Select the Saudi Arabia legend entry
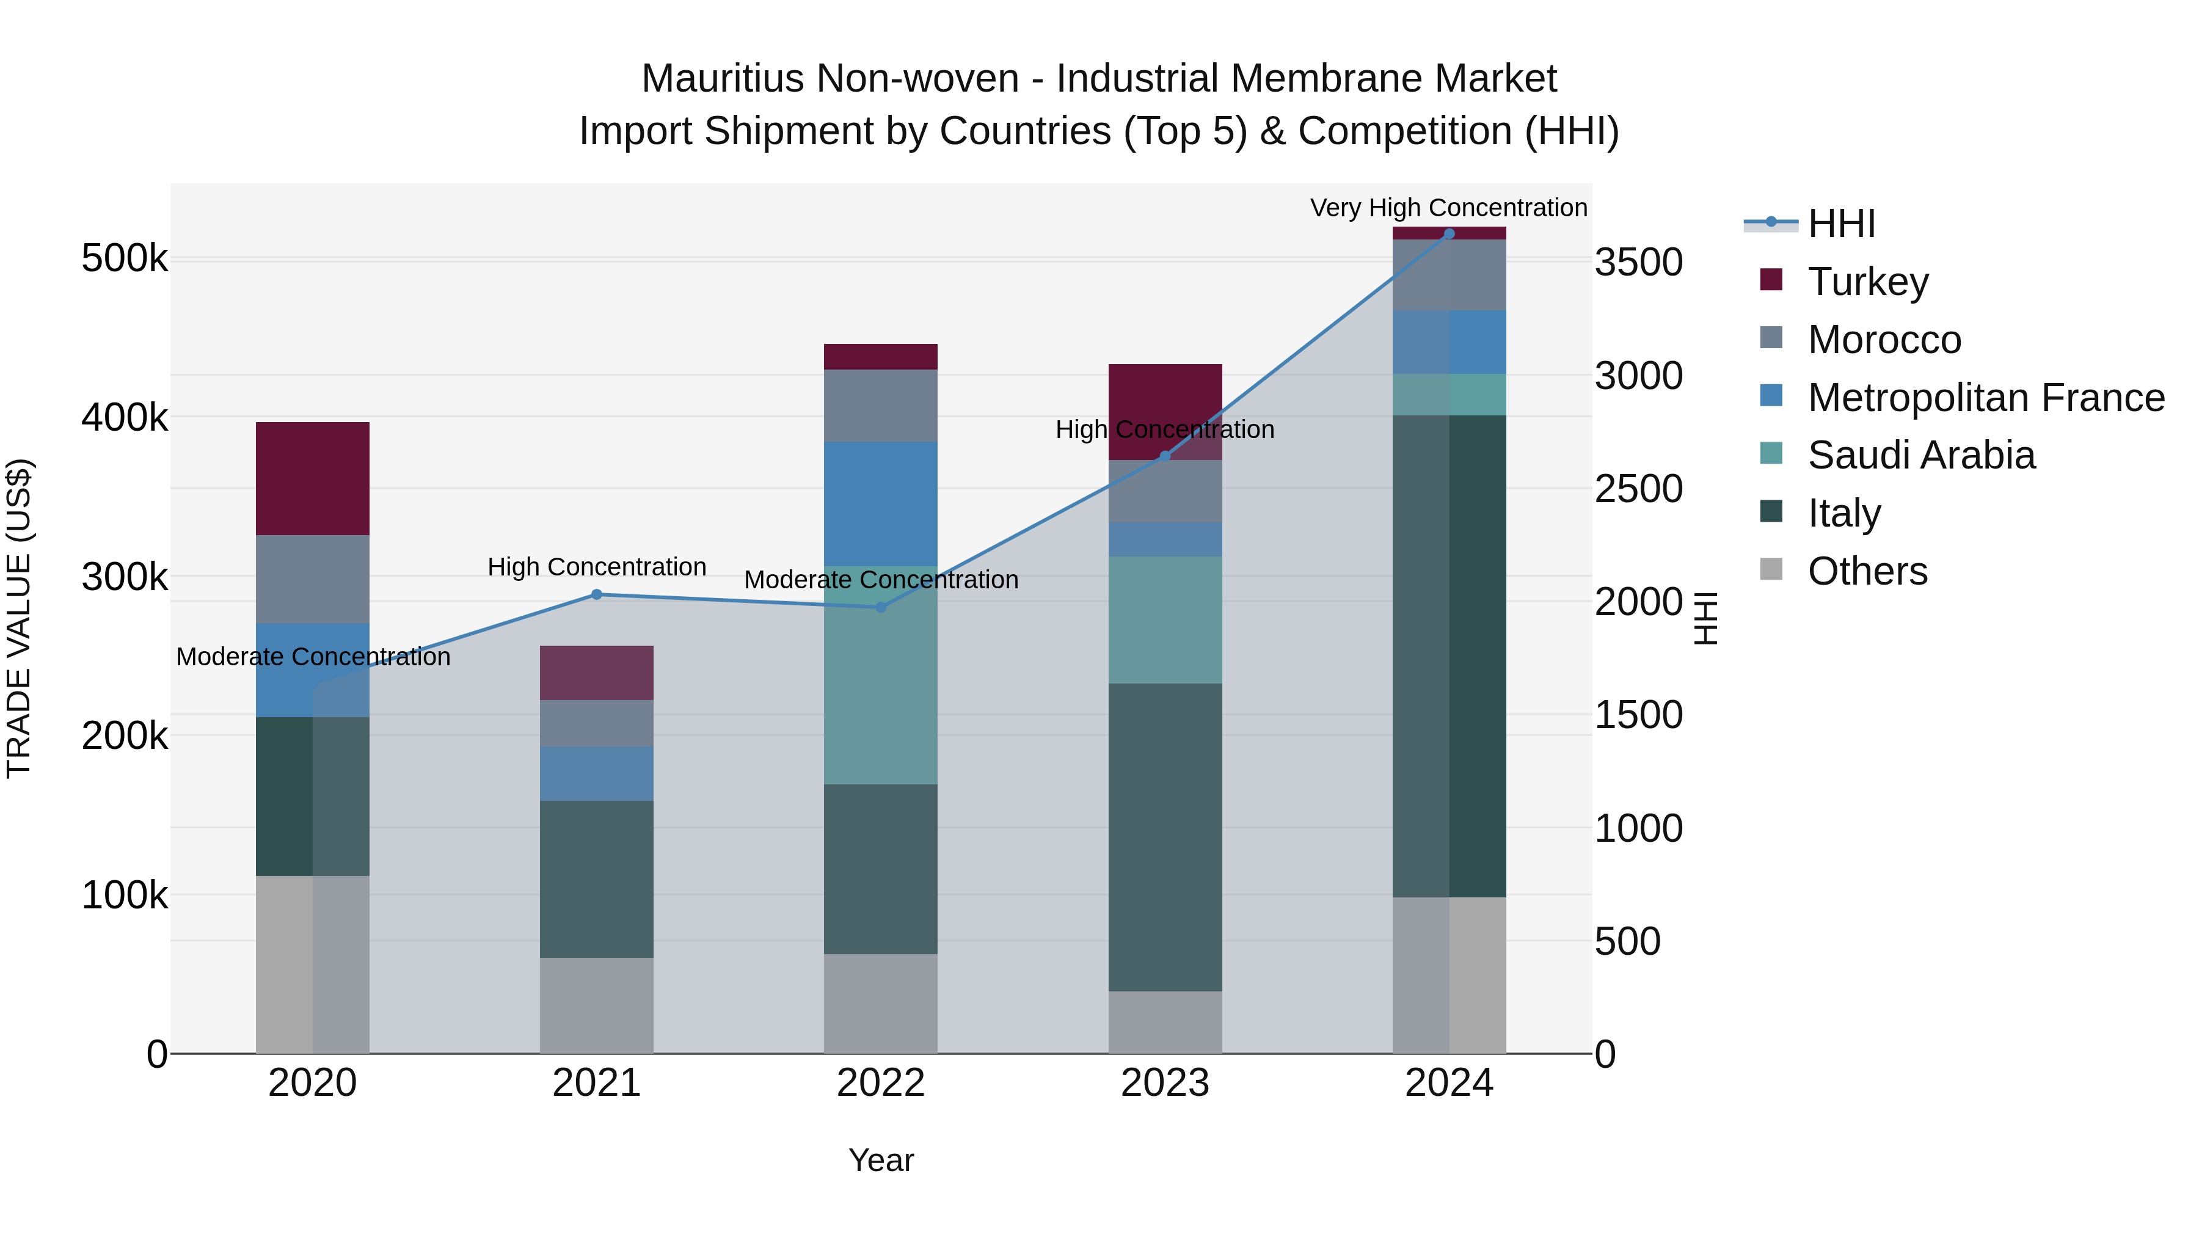click(x=1920, y=455)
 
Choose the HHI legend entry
click(x=1840, y=224)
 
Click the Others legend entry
click(x=1867, y=571)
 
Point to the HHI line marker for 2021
click(x=597, y=595)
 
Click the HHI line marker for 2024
click(x=1449, y=234)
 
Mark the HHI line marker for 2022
click(x=881, y=608)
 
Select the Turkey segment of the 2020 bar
click(x=312, y=478)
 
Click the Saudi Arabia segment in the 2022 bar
click(x=881, y=674)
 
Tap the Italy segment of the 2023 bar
click(x=1165, y=837)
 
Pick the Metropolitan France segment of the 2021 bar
click(x=597, y=773)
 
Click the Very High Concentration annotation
click(x=1449, y=208)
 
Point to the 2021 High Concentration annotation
click(x=597, y=567)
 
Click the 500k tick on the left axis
click(x=125, y=258)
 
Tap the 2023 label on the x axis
click(x=1165, y=1083)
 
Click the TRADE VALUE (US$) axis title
click(x=19, y=618)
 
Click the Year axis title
click(x=881, y=1160)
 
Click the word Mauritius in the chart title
click(x=722, y=79)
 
